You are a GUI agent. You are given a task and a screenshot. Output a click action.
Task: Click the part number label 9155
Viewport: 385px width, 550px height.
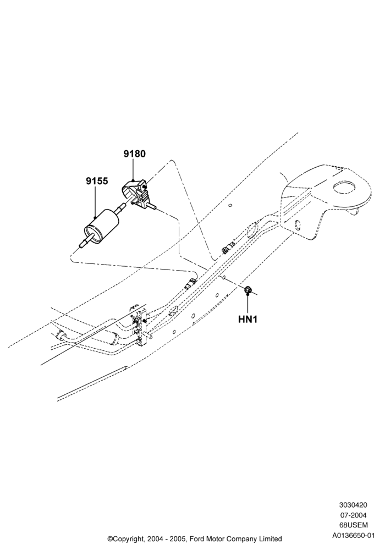tap(97, 182)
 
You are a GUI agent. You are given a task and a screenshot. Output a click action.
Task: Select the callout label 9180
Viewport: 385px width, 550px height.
tap(134, 153)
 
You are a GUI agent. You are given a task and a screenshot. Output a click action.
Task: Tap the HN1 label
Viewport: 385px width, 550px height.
tap(248, 320)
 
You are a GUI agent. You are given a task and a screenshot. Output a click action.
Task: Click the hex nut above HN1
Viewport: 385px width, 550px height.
tap(248, 289)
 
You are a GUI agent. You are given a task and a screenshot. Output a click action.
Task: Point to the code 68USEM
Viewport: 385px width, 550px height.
tap(353, 525)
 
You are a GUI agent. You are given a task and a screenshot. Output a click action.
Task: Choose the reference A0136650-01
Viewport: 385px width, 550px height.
tap(353, 536)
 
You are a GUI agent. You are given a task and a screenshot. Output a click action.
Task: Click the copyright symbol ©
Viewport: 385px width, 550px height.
tap(109, 538)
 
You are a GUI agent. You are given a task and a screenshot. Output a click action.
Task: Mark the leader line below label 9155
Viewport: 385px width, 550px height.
tap(95, 202)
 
